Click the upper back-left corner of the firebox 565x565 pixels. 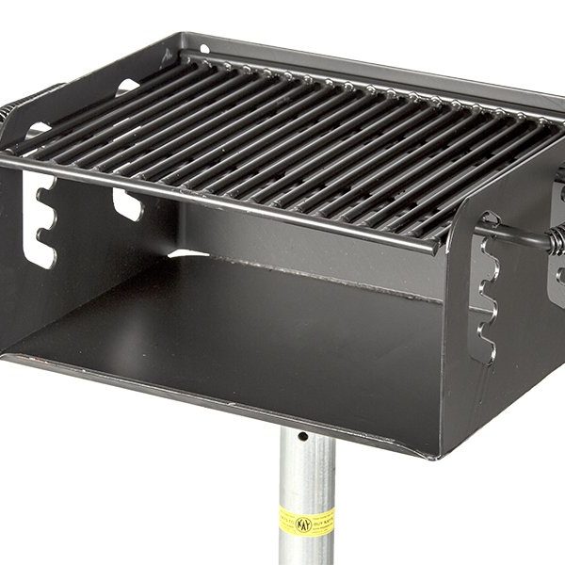point(182,40)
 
